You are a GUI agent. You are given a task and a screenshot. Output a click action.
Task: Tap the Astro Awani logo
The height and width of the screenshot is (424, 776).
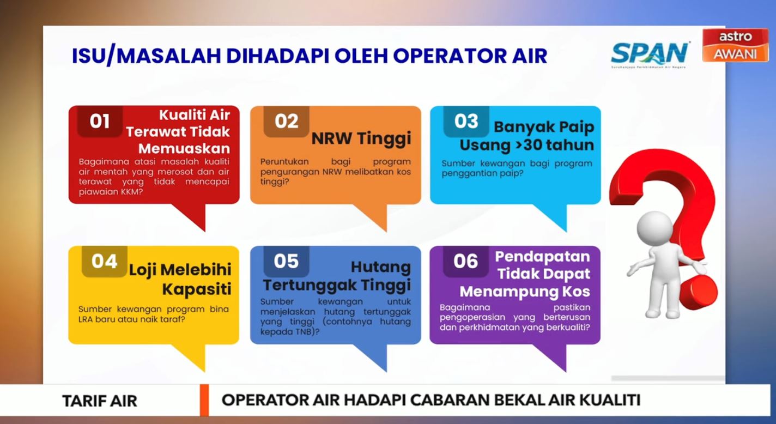pos(735,45)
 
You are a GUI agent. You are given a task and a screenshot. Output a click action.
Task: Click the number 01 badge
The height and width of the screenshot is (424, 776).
pos(100,121)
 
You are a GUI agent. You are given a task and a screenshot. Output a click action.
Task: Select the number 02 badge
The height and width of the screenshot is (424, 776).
pos(286,121)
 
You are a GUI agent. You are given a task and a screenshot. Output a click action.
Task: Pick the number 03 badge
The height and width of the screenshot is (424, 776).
pos(466,121)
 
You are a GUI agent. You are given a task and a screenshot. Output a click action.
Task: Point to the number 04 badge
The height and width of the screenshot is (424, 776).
pos(104,262)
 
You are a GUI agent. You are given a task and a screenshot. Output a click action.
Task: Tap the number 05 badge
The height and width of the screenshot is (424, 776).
pos(286,262)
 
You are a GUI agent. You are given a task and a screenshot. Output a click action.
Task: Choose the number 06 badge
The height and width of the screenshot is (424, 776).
pos(465,262)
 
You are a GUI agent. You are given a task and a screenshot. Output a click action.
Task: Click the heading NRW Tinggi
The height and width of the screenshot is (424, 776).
pos(361,139)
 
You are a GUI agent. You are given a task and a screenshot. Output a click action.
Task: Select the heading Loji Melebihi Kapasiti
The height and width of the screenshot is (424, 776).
pos(180,278)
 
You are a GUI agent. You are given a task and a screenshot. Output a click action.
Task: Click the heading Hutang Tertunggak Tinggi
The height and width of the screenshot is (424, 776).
pos(337,276)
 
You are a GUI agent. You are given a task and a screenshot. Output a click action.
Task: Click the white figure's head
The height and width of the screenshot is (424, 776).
pos(654,227)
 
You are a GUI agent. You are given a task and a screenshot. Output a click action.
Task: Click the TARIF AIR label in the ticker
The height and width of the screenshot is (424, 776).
pos(100,401)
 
